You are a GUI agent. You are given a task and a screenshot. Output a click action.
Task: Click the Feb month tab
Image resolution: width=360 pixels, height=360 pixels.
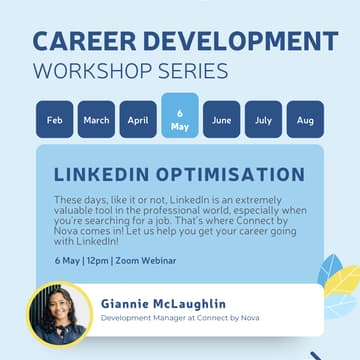tap(54, 120)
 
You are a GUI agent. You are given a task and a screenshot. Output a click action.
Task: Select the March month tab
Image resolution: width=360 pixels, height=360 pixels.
tap(96, 120)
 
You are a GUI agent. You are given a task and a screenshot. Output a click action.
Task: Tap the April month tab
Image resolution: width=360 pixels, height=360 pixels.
tap(138, 120)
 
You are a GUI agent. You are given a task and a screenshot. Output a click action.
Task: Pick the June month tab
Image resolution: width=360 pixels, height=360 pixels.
tap(222, 120)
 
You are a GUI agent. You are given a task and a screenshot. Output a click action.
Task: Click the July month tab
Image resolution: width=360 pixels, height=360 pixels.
tap(264, 120)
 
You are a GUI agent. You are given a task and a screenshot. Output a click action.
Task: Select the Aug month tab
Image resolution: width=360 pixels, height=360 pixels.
tap(306, 120)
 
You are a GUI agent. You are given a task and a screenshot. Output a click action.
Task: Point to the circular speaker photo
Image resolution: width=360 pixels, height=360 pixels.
tap(58, 316)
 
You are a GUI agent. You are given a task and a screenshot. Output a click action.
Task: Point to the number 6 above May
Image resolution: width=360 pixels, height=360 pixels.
tap(180, 113)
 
